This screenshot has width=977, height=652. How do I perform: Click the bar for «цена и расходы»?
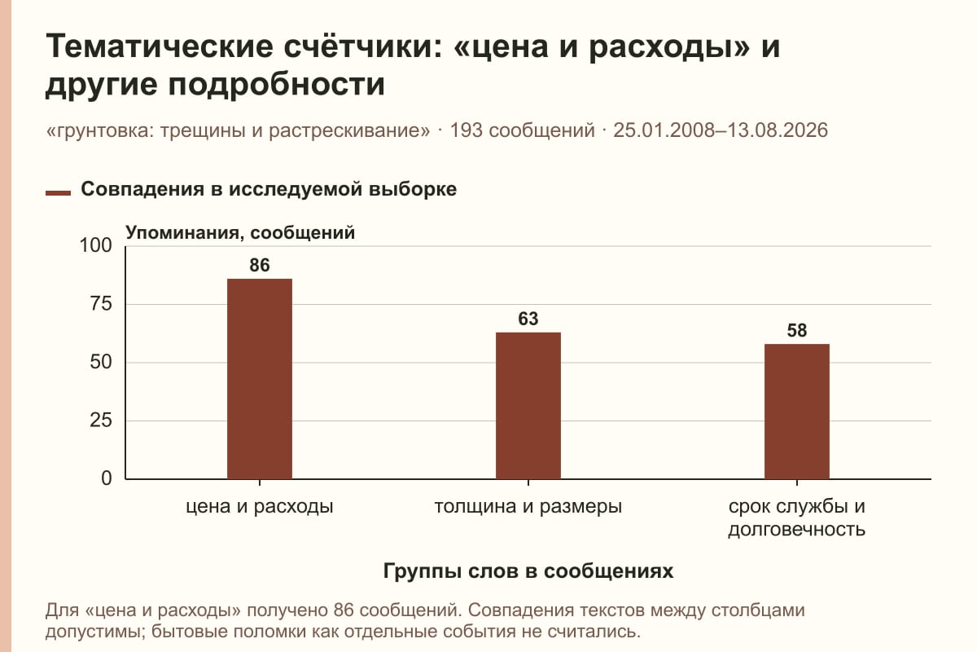260,379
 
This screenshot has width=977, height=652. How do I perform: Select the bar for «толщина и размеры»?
528,406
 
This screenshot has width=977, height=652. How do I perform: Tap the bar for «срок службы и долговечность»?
797,412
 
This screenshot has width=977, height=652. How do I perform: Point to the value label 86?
260,265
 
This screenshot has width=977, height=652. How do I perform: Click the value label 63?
528,319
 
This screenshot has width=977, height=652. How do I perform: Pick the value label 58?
797,331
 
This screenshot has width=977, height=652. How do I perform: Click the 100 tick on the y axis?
95,245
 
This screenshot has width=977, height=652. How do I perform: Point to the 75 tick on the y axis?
101,304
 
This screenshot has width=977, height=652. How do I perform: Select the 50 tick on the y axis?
101,362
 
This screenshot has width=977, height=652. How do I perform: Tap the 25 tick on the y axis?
101,421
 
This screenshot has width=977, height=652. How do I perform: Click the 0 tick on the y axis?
107,478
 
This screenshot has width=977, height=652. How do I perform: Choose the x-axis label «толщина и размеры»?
528,507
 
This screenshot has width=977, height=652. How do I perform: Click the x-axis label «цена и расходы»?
260,507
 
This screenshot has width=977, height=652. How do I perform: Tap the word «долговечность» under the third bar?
797,529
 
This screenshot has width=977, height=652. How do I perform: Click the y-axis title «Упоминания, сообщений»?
240,233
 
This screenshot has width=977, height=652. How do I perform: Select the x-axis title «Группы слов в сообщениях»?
528,570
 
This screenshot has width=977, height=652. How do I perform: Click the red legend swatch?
58,193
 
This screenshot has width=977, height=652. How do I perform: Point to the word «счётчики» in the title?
357,46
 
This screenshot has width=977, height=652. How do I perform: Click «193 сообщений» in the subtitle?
522,130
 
